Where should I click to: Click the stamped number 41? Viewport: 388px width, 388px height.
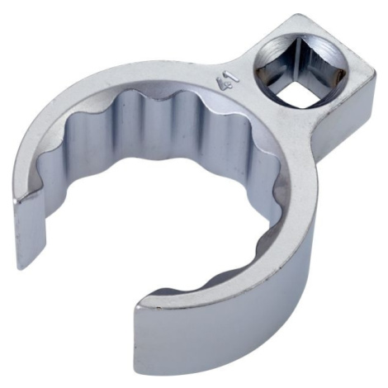point(228,81)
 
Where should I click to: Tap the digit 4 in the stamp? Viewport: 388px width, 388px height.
point(222,83)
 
